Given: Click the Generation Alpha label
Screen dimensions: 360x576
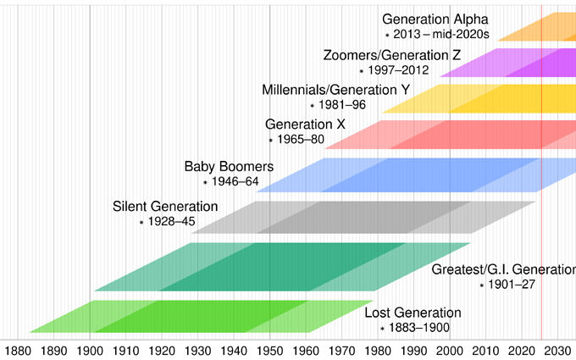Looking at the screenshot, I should [435, 19].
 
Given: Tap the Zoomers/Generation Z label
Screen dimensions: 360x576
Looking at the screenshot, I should [392, 56].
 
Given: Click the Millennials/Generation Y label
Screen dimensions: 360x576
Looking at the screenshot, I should [335, 90].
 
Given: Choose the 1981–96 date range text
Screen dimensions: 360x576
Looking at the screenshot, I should [342, 105].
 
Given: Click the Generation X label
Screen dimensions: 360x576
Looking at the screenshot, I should [305, 125].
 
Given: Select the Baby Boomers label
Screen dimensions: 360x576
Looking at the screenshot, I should [229, 166].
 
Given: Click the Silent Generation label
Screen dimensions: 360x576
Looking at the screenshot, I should [165, 207].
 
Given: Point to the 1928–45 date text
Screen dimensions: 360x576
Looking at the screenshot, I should [172, 221].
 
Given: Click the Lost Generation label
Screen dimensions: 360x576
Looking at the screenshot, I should [413, 313].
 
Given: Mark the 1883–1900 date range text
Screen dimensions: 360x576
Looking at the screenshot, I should [419, 328].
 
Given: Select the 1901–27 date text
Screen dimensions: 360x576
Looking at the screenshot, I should [513, 285].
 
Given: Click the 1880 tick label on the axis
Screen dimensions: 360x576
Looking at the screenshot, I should [18, 350].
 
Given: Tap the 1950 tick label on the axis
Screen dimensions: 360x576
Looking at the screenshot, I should [269, 350].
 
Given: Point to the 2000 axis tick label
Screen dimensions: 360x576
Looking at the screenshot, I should [449, 350].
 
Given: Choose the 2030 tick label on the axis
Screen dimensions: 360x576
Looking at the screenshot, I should [557, 350].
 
